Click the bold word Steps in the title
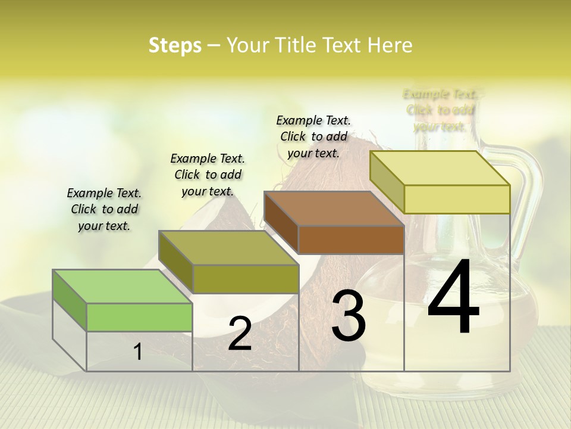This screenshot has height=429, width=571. click(x=175, y=45)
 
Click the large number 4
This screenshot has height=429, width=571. click(x=453, y=298)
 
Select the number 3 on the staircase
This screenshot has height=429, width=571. click(x=349, y=316)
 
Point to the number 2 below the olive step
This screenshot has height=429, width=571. click(x=240, y=334)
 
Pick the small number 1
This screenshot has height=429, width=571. click(x=138, y=352)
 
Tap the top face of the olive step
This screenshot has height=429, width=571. click(x=228, y=248)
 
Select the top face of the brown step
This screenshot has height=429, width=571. click(x=334, y=209)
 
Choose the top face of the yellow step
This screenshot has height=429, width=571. click(x=440, y=168)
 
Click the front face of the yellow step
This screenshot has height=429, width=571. click(x=457, y=199)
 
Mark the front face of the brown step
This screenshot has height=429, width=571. click(x=351, y=240)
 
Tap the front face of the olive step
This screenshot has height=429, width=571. click(x=246, y=279)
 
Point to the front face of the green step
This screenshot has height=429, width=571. click(x=139, y=317)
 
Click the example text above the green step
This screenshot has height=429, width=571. click(x=104, y=209)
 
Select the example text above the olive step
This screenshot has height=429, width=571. click(x=208, y=175)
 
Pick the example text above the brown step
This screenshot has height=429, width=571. click(x=313, y=136)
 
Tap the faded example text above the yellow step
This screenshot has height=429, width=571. click(x=440, y=110)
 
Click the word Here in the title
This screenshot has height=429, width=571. click(x=393, y=45)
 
